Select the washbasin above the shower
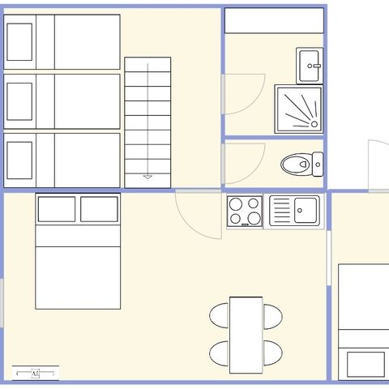pyautogui.click(x=310, y=66)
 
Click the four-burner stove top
pyautogui.click(x=245, y=212)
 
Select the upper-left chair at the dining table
pyautogui.click(x=220, y=315)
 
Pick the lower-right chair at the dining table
pyautogui.click(x=272, y=353)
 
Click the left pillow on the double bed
pyautogui.click(x=57, y=209)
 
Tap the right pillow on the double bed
pyautogui.click(x=99, y=209)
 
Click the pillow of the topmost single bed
pyautogui.click(x=19, y=41)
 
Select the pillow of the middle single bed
pyautogui.click(x=19, y=101)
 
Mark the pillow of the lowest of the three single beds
pyautogui.click(x=19, y=160)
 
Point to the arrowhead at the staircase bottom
pyautogui.click(x=147, y=176)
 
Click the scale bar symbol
pyautogui.click(x=36, y=373)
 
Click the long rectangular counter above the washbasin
pyautogui.click(x=273, y=21)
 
